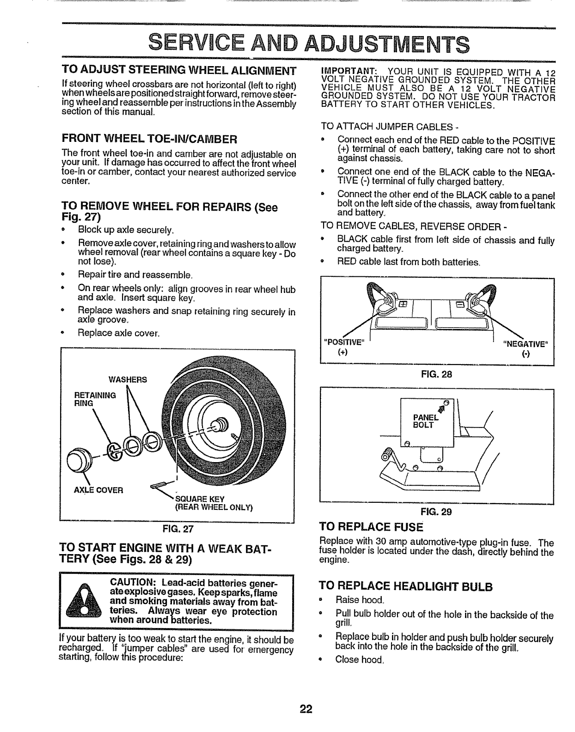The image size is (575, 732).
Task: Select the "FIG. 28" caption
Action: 436,374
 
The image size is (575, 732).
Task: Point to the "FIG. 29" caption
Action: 436,512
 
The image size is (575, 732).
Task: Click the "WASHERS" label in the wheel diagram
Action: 128,380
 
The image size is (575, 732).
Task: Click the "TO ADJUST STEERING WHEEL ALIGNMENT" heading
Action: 179,72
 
